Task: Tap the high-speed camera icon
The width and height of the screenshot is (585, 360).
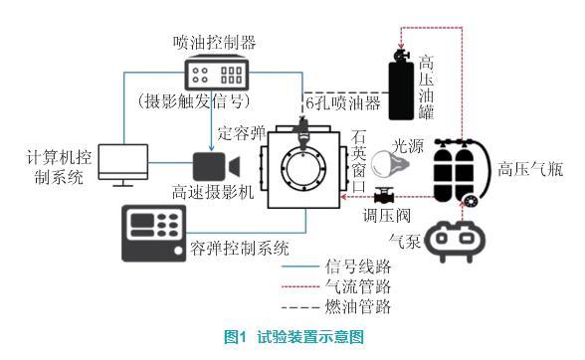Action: (216, 166)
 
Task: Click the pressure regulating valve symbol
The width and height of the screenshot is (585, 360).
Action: (382, 195)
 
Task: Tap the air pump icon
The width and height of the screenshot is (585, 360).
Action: (456, 240)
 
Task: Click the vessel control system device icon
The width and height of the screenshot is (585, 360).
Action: (153, 233)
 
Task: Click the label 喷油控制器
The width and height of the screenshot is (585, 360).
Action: (215, 43)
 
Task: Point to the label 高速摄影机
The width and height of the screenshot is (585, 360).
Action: (213, 192)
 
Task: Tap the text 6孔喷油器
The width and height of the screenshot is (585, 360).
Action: (342, 103)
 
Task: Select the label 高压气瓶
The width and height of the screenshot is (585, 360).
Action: (530, 169)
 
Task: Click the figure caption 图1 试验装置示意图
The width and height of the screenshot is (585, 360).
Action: (293, 337)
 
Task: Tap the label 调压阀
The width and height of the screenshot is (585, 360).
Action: (387, 216)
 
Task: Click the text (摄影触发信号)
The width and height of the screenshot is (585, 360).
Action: (194, 101)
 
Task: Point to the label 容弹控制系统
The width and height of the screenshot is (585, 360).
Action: (240, 248)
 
